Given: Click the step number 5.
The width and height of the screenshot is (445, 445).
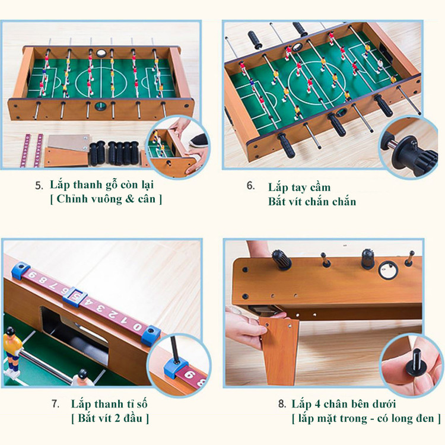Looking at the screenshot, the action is [x=39, y=186].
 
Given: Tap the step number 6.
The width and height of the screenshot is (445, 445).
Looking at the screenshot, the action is [x=250, y=186].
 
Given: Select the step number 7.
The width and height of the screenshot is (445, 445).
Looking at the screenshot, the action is [x=55, y=404].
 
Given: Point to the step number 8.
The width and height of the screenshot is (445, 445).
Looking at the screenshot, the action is [x=282, y=404].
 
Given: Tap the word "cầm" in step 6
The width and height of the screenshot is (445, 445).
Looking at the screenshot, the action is [x=320, y=187].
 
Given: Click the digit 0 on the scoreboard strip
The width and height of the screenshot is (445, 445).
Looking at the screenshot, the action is [x=138, y=327].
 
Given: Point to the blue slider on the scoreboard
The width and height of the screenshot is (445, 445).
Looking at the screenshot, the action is [x=75, y=297].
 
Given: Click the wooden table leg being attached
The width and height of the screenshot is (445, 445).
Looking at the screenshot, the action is [x=280, y=351].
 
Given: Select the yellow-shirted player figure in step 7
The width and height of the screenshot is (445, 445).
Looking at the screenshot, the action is [x=12, y=350].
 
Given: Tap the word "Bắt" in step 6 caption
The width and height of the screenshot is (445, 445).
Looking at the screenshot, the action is [x=276, y=202].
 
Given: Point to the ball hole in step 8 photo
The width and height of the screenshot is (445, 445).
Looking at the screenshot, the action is [x=388, y=271].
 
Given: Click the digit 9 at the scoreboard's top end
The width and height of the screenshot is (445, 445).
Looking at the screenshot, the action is [x=33, y=275].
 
